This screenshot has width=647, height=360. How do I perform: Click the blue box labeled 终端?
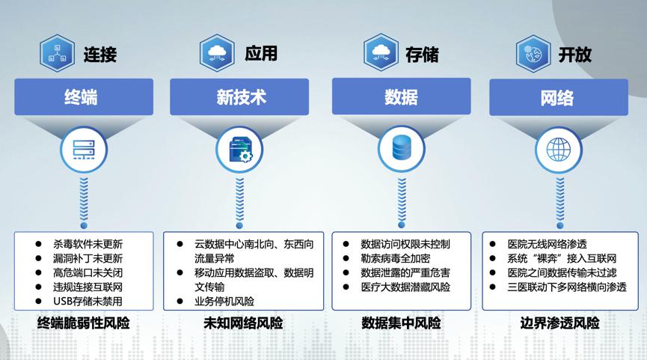coord(83,97)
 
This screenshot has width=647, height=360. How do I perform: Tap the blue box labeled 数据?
coord(401,97)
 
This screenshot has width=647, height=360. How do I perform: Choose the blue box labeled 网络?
coord(556,97)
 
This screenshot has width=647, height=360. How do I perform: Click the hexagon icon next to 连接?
coord(57,53)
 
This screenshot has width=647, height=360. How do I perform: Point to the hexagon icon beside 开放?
coord(532,53)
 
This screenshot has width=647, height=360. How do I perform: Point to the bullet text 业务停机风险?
coord(224,302)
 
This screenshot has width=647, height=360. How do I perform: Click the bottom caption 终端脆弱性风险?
coord(83,324)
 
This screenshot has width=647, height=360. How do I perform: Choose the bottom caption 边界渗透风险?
coord(559,324)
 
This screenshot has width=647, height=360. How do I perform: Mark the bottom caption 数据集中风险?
coord(401,324)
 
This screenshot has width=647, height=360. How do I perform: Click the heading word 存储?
coord(422,54)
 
